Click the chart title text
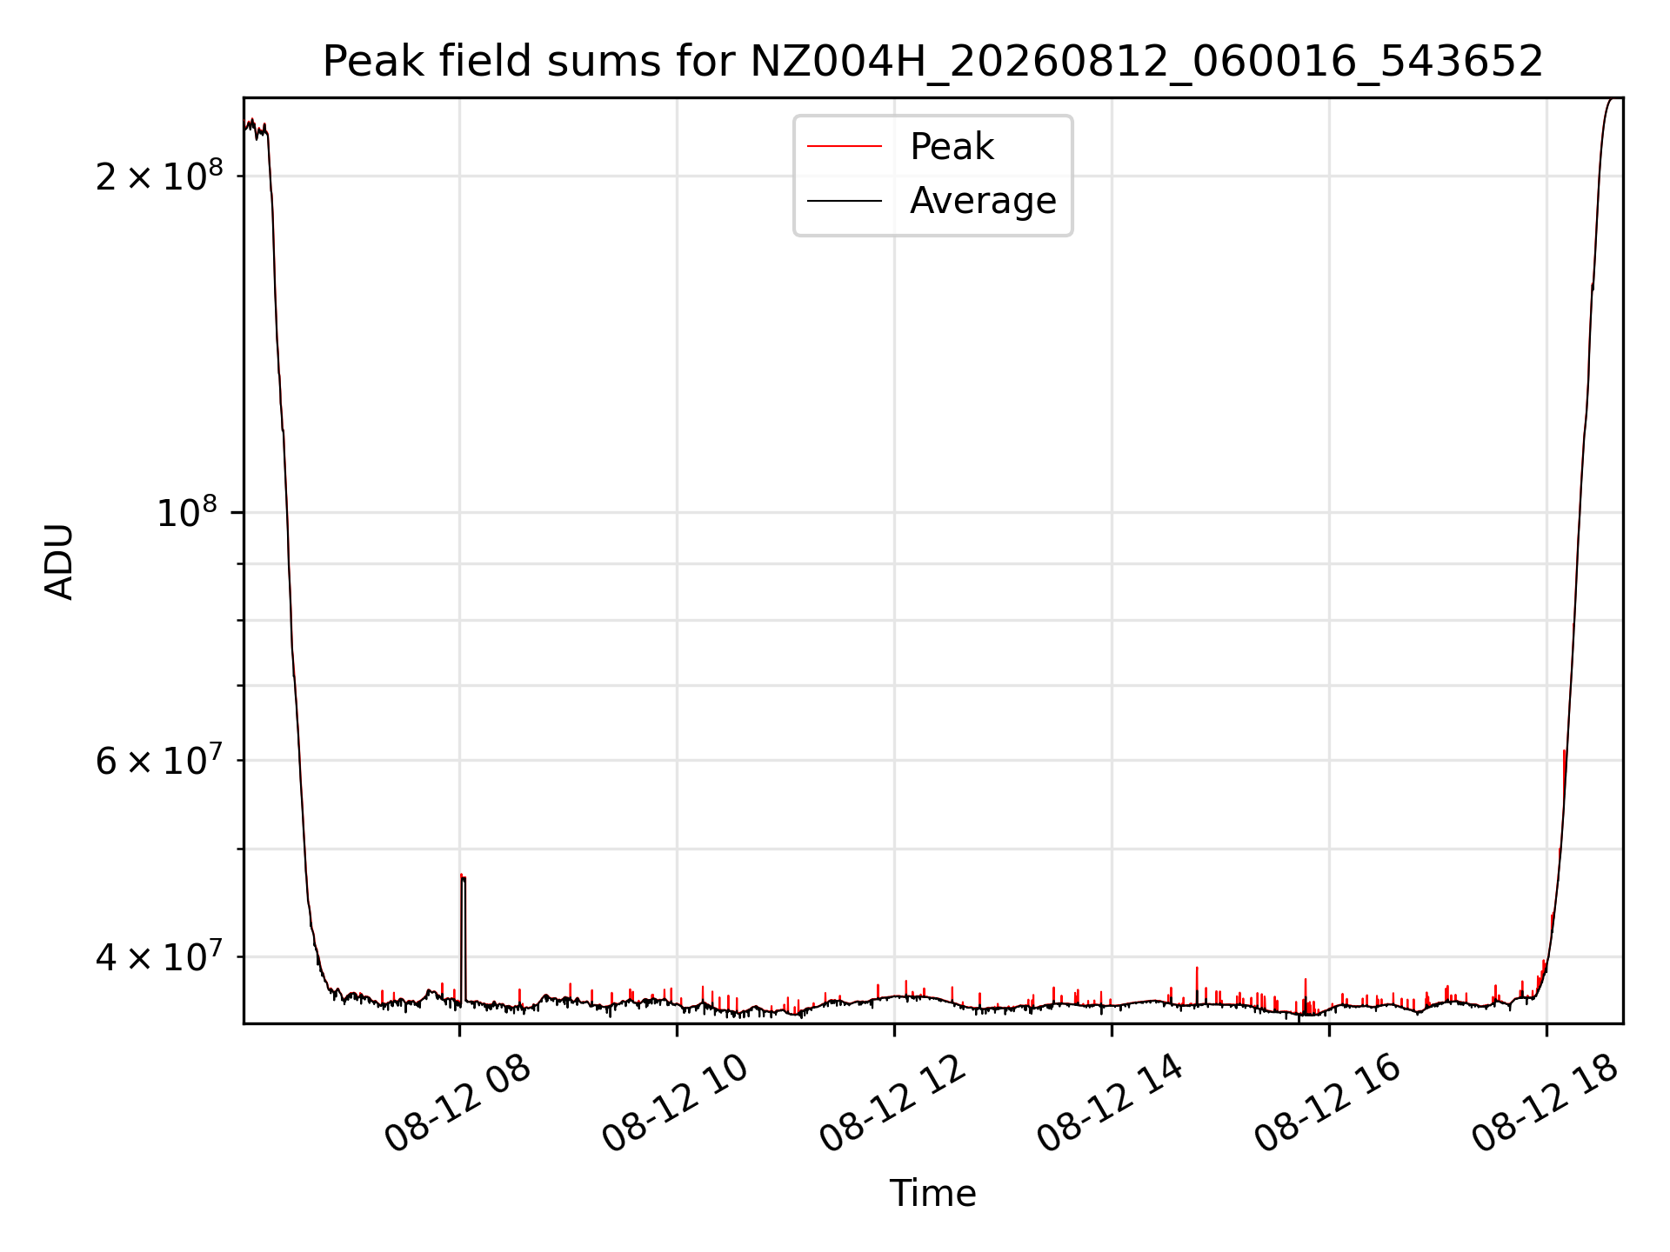pyautogui.click(x=932, y=62)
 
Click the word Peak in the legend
pyautogui.click(x=952, y=146)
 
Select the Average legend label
pyautogui.click(x=983, y=201)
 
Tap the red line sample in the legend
pyautogui.click(x=845, y=146)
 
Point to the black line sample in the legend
pyautogui.click(x=845, y=201)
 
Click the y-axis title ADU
pyautogui.click(x=59, y=561)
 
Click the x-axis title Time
pyautogui.click(x=932, y=1193)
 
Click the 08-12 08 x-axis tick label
pyautogui.click(x=458, y=1103)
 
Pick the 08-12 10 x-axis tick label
pyautogui.click(x=676, y=1103)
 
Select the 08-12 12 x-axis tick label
pyautogui.click(x=893, y=1103)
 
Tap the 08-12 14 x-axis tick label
pyautogui.click(x=1111, y=1103)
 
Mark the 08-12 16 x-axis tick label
pyautogui.click(x=1328, y=1103)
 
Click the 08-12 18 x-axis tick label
pyautogui.click(x=1546, y=1103)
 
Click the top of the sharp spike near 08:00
pyautogui.click(x=462, y=875)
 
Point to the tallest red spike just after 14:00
pyautogui.click(x=1197, y=968)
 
